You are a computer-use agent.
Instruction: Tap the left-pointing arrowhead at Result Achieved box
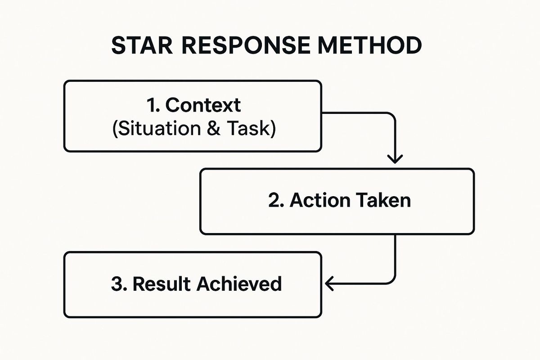328,284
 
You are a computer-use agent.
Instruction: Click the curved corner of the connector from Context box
391,116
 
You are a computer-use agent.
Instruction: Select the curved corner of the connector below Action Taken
391,280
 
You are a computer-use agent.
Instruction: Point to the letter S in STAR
118,45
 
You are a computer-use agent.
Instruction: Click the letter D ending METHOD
413,45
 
